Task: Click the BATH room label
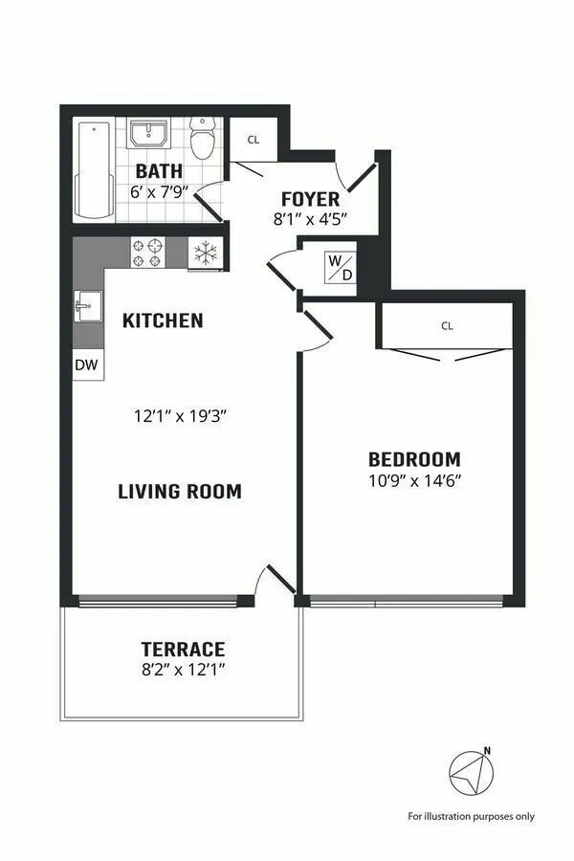click(159, 171)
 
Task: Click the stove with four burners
click(148, 253)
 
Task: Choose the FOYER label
click(310, 199)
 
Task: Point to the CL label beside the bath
click(253, 140)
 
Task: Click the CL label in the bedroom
click(447, 325)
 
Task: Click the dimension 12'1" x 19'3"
click(180, 416)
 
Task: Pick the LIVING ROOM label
click(180, 492)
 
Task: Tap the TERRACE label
click(183, 649)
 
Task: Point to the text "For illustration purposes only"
click(472, 816)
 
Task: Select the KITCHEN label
click(163, 320)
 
